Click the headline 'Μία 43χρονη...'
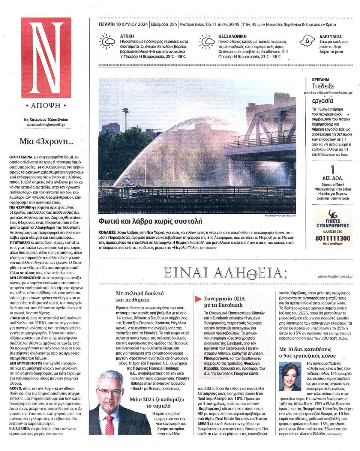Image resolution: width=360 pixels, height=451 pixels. [x=47, y=141]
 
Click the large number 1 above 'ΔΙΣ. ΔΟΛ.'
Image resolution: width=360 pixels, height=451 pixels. [x=332, y=169]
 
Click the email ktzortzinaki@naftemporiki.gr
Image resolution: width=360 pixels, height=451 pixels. [x=46, y=124]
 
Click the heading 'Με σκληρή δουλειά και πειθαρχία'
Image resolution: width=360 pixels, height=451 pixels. [x=139, y=296]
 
